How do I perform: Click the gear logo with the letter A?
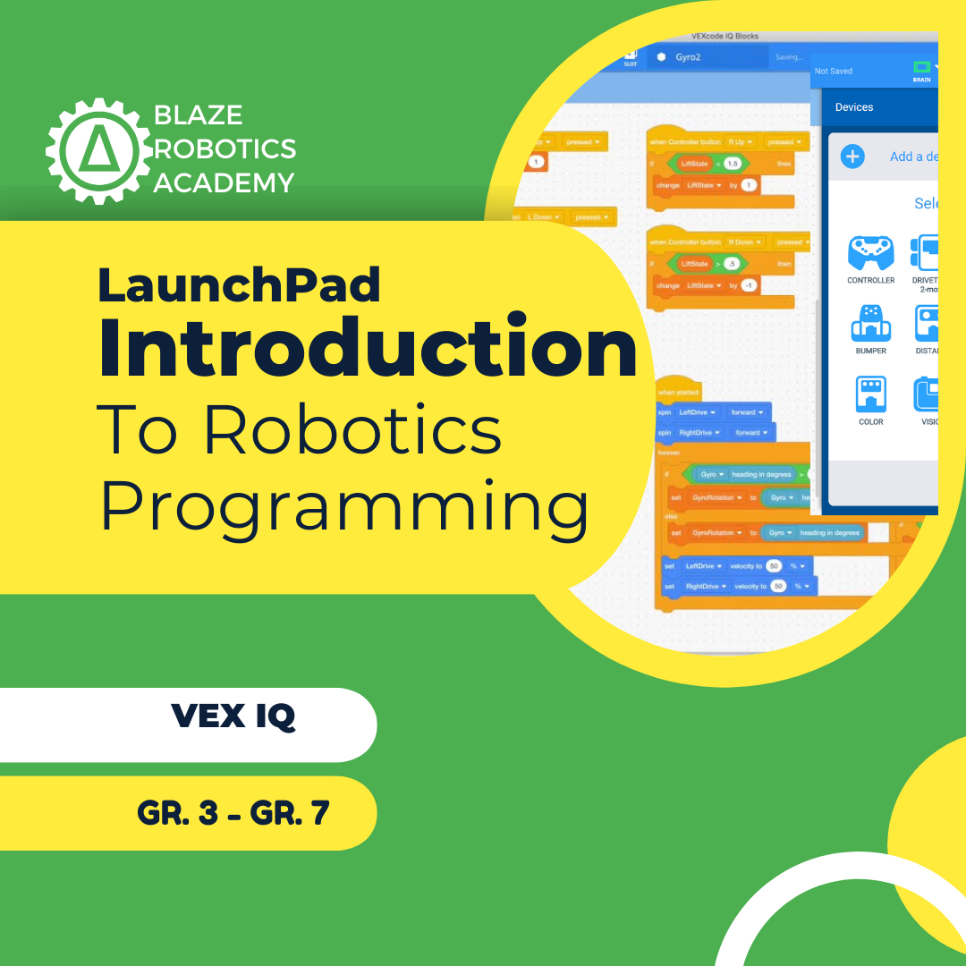(x=98, y=149)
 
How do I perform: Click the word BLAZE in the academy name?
(x=198, y=115)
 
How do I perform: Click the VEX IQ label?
(x=233, y=716)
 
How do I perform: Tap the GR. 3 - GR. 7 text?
(x=233, y=813)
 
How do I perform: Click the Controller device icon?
(x=870, y=254)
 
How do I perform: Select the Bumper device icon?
(x=870, y=325)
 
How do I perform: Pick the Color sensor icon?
(x=870, y=395)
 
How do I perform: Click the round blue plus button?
(x=852, y=157)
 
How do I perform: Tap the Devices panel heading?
(x=854, y=107)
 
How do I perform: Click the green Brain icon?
(x=921, y=68)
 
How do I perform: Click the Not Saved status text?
(x=834, y=71)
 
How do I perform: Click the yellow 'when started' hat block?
(x=679, y=391)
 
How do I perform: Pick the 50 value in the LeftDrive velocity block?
(x=774, y=566)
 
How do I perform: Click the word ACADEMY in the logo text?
(x=224, y=183)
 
